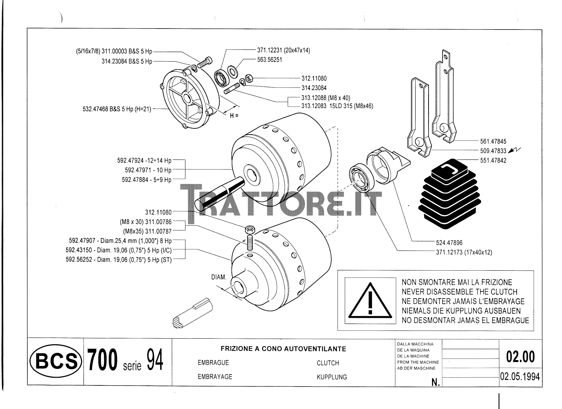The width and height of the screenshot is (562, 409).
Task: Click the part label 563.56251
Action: coord(269,60)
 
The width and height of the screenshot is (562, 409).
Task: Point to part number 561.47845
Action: coord(493,141)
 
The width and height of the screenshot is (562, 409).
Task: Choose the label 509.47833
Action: coord(493,151)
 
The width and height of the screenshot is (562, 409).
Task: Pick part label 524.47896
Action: coord(449,243)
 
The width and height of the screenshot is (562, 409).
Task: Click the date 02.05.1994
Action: coord(520,377)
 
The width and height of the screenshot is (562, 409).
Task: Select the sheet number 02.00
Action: coord(521,357)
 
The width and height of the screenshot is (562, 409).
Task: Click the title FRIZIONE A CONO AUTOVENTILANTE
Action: coord(283,349)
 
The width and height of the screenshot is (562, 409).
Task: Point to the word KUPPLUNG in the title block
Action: coord(332,377)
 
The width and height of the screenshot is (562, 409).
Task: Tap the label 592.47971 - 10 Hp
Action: coord(148,170)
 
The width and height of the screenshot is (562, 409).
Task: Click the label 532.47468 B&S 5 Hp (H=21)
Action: coord(117,109)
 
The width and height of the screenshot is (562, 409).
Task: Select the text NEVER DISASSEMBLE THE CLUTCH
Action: coord(459,292)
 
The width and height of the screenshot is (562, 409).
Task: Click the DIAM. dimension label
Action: coord(219,277)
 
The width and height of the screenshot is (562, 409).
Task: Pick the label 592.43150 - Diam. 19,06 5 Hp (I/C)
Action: coord(119,250)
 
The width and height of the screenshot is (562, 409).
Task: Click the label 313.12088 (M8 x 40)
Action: coord(326,98)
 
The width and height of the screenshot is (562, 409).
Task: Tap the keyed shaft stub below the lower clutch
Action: coord(192,314)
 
